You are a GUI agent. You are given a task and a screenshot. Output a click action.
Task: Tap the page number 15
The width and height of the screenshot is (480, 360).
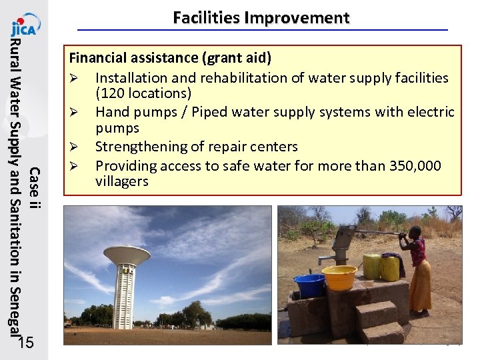pyautogui.click(x=27, y=343)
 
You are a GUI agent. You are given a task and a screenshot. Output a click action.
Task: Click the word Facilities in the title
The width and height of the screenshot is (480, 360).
pyautogui.click(x=206, y=18)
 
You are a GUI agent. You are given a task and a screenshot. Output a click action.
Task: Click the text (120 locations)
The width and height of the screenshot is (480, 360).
pyautogui.click(x=143, y=93)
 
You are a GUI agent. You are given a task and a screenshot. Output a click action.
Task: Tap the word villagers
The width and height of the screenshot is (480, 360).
pyautogui.click(x=122, y=181)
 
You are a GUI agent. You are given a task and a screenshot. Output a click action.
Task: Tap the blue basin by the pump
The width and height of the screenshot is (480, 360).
pyautogui.click(x=309, y=285)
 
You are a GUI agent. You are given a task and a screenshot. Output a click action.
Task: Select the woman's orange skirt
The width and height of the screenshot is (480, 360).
pyautogui.click(x=420, y=285)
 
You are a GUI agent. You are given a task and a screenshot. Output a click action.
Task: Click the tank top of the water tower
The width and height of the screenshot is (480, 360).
pyautogui.click(x=127, y=255)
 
